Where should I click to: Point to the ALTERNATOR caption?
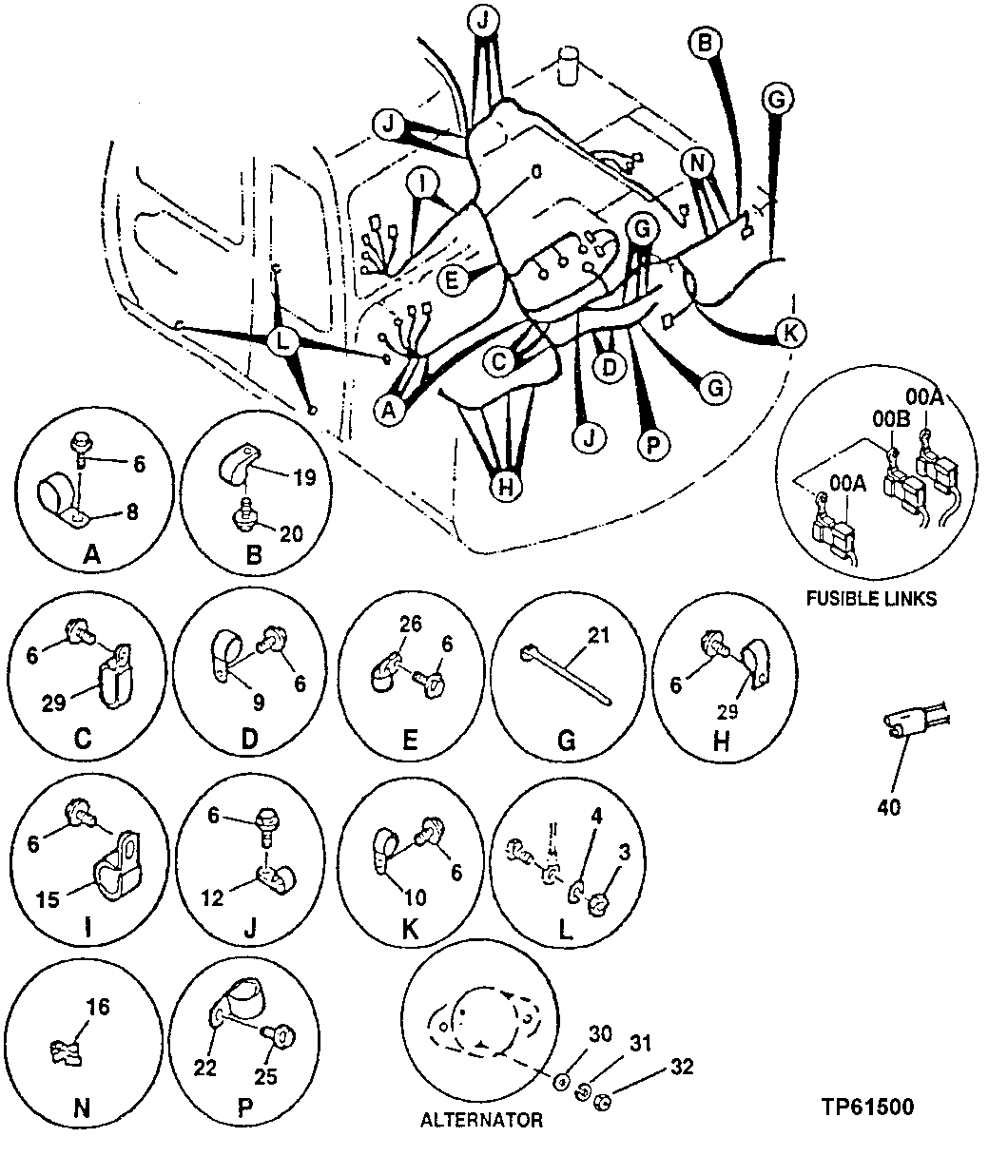pyautogui.click(x=481, y=1120)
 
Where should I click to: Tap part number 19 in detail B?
pyautogui.click(x=303, y=478)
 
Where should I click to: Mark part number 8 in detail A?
pyautogui.click(x=131, y=511)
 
